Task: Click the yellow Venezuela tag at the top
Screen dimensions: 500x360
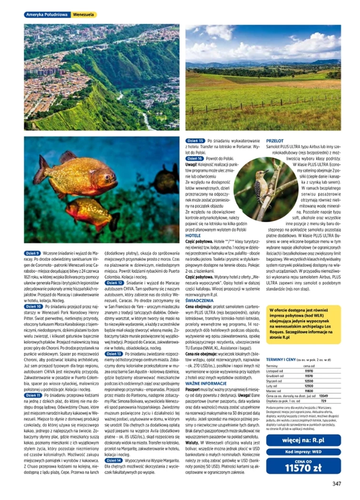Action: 84,15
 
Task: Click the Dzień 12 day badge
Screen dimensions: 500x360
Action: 114,283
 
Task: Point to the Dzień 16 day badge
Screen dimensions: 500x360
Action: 196,158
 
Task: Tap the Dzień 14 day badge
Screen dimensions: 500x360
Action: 114,461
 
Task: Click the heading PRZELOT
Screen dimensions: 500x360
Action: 275,141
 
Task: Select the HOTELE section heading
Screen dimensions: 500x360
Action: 193,235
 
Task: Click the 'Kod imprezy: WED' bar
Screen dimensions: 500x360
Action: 303,452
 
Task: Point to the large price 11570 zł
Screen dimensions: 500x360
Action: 303,468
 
